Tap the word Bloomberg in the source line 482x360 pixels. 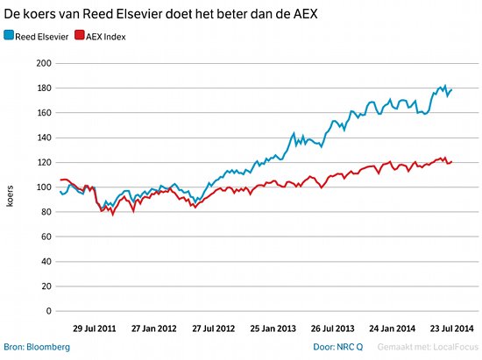pos(48,347)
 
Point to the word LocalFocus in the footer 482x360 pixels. pos(451,347)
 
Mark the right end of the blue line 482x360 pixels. pos(451,88)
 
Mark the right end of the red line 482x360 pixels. pos(451,161)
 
